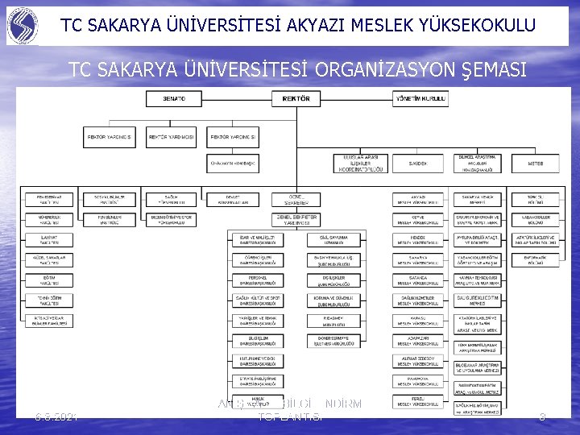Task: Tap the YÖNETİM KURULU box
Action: pyautogui.click(x=420, y=99)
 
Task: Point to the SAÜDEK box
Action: pyautogui.click(x=417, y=163)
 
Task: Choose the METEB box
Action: pyautogui.click(x=536, y=163)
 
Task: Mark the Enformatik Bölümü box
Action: pyautogui.click(x=536, y=259)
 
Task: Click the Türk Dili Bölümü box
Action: pyautogui.click(x=536, y=199)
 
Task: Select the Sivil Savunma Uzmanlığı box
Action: pyautogui.click(x=332, y=239)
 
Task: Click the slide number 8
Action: pyautogui.click(x=542, y=416)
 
